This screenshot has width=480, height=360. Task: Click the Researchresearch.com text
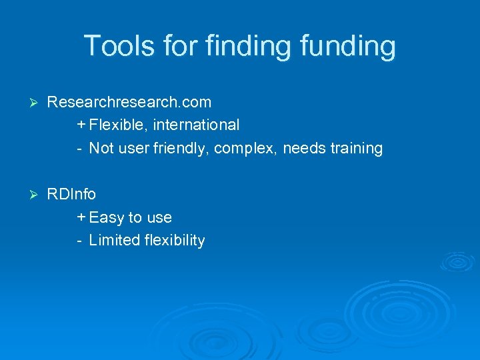[129, 102]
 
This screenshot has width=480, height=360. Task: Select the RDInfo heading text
[71, 194]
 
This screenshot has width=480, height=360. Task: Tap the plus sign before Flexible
[81, 125]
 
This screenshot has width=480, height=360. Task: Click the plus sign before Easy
[81, 217]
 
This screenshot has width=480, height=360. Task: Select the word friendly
[178, 148]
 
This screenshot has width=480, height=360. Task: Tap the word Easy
[107, 217]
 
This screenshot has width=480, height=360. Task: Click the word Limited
[114, 240]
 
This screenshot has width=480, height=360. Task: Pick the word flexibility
[175, 240]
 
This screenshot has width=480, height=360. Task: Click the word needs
[304, 148]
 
